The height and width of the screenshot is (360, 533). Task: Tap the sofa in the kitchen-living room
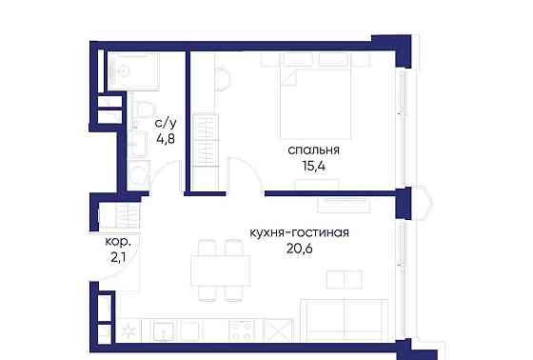coord(344,318)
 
